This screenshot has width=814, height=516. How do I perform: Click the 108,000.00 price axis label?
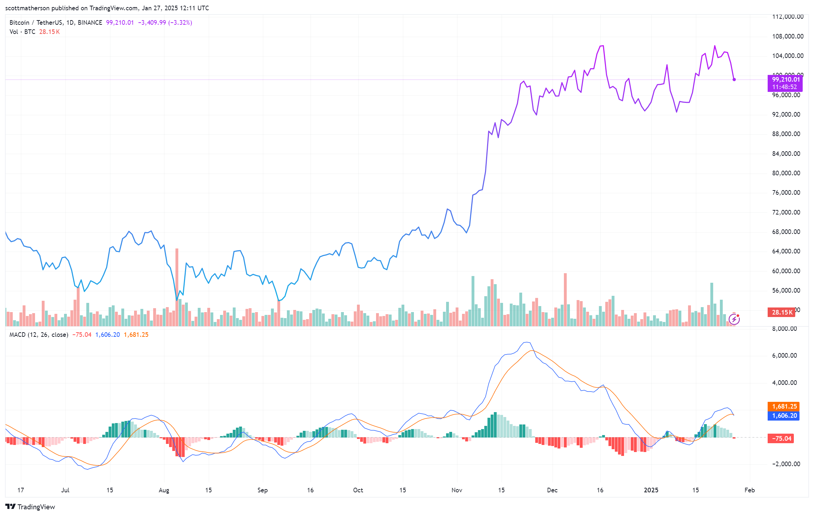coord(787,36)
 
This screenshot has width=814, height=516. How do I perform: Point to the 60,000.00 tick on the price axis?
coord(786,271)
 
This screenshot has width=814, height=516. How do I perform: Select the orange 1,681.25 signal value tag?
coord(784,406)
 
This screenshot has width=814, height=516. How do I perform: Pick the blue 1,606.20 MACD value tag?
coord(784,416)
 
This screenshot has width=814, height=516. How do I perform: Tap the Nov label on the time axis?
coord(457,490)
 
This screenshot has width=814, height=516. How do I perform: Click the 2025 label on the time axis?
coord(651,490)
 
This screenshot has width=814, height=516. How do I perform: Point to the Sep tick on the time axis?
coord(262,490)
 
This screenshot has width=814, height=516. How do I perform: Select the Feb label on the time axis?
coord(749,490)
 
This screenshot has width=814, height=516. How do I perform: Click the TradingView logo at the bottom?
coord(30,507)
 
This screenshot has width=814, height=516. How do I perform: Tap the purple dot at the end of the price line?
coord(734,80)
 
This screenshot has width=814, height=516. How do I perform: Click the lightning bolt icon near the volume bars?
coord(734,319)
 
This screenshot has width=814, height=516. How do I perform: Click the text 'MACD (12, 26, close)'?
coord(39,335)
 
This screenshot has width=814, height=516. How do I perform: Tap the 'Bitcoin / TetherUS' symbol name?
coord(36,23)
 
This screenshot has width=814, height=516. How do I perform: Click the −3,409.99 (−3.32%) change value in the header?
coord(165,23)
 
